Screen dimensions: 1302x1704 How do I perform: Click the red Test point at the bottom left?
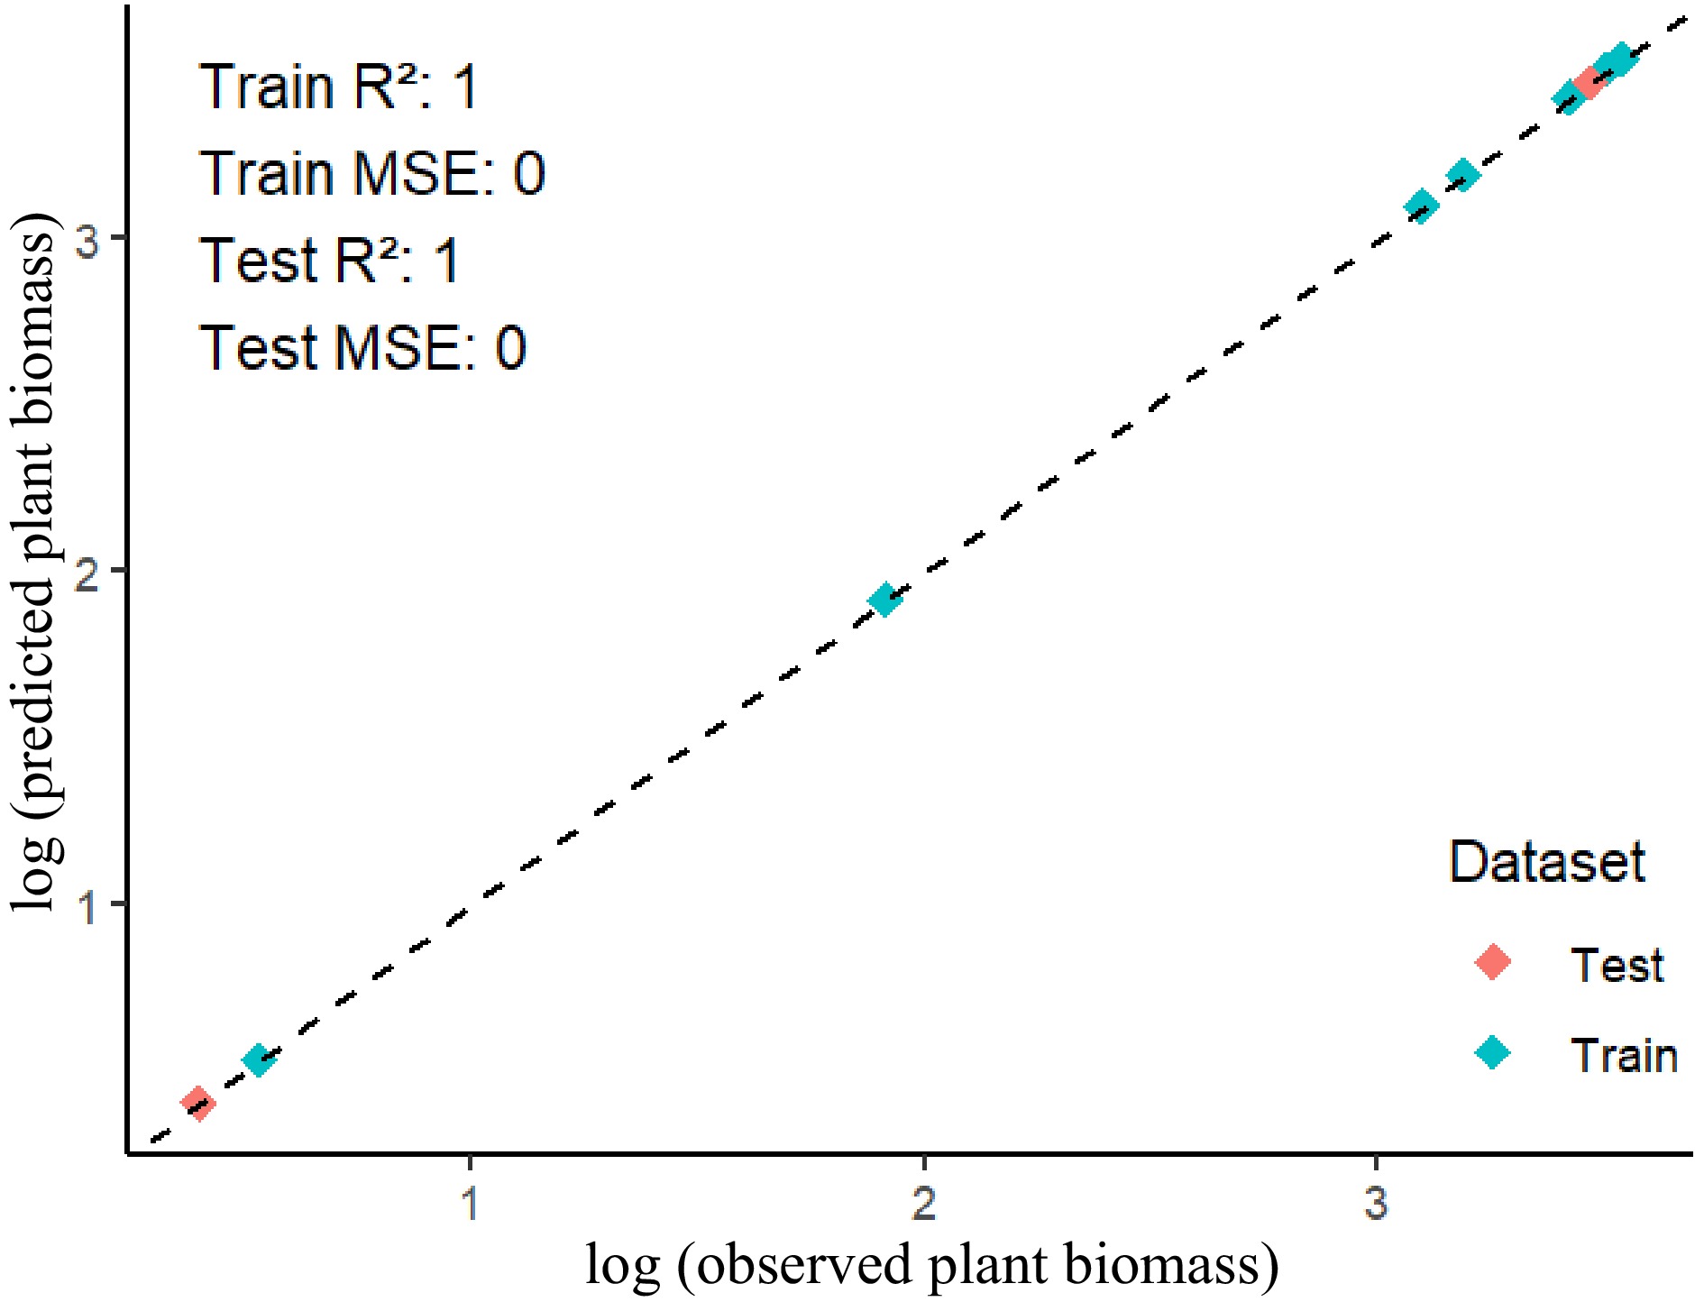pyautogui.click(x=197, y=1102)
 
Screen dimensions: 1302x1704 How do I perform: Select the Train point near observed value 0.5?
pyautogui.click(x=258, y=1059)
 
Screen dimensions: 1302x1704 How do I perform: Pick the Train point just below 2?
pyautogui.click(x=884, y=599)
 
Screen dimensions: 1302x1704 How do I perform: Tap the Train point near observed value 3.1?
pyautogui.click(x=1421, y=206)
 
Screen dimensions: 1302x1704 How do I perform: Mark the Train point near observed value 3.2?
pyautogui.click(x=1462, y=175)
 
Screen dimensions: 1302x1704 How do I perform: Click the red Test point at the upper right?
pyautogui.click(x=1589, y=84)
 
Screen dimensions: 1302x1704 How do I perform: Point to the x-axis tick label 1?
pyautogui.click(x=470, y=1202)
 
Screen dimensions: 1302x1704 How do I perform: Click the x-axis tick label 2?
pyautogui.click(x=923, y=1202)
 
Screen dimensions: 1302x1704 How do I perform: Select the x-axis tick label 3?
pyautogui.click(x=1376, y=1202)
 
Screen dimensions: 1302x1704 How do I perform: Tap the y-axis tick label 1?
pyautogui.click(x=87, y=904)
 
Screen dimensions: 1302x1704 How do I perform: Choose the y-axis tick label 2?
pyautogui.click(x=87, y=571)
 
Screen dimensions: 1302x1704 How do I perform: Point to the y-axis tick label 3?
pyautogui.click(x=87, y=239)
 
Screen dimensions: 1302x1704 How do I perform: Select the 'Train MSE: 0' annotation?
pyautogui.click(x=371, y=173)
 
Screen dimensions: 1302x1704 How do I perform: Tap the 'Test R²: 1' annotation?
pyautogui.click(x=329, y=261)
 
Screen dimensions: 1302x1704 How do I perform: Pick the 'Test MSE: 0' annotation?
pyautogui.click(x=362, y=347)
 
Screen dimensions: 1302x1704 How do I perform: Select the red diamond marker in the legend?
pyautogui.click(x=1492, y=962)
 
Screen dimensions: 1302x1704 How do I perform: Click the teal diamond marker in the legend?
pyautogui.click(x=1492, y=1052)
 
